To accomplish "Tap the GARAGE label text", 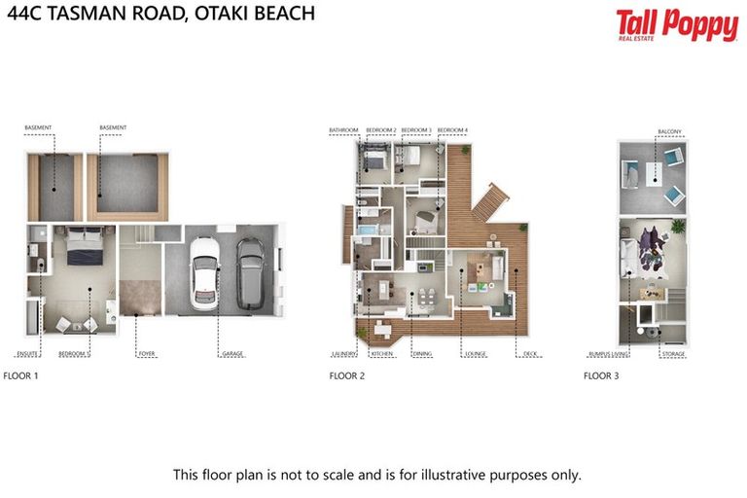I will coord(233,354).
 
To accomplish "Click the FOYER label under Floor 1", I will coord(147,354).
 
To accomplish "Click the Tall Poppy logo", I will coord(677,24).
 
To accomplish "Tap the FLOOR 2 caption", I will coord(347,374).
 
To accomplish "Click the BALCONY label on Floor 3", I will coord(669,130).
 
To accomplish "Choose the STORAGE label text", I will coord(674,354).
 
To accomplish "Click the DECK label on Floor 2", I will coord(529,354).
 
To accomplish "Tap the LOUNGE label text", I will coord(476,354).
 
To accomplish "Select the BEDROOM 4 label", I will coord(452,130).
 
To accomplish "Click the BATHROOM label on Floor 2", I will coord(343,130).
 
